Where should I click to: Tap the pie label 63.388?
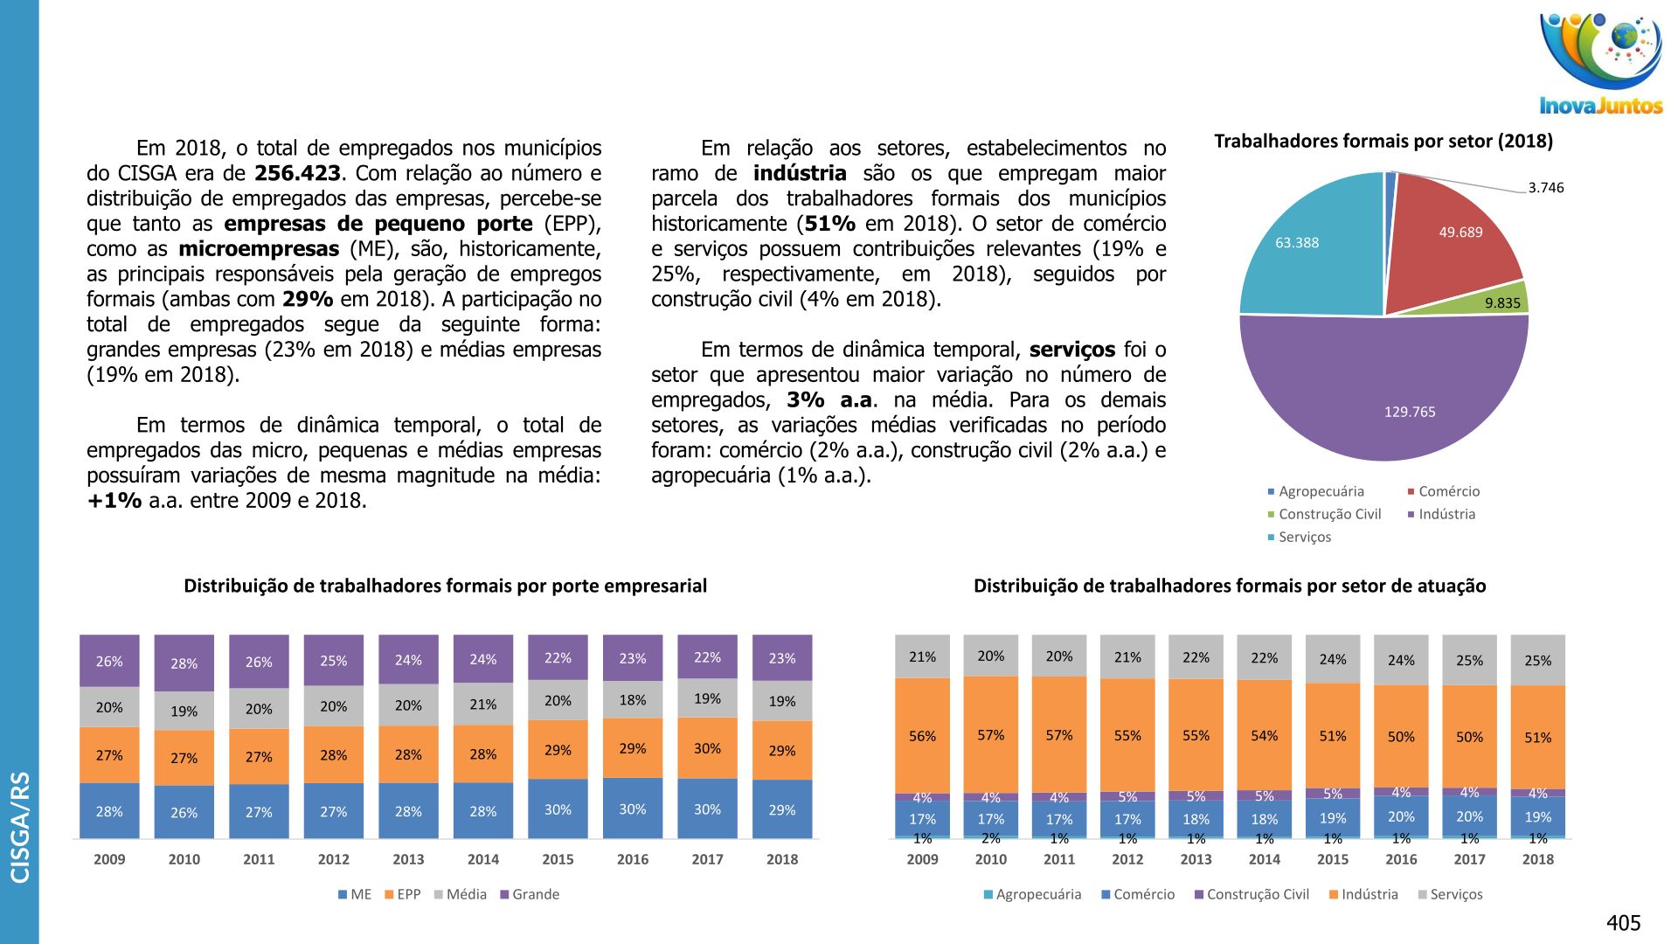pyautogui.click(x=1297, y=243)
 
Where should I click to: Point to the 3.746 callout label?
pyautogui.click(x=1546, y=188)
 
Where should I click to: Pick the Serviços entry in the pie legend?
pyautogui.click(x=1304, y=538)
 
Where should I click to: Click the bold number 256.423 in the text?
pyautogui.click(x=297, y=174)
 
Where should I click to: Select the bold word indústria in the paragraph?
pyautogui.click(x=800, y=174)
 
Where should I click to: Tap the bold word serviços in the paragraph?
pyautogui.click(x=1071, y=351)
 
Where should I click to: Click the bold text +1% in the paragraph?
pyautogui.click(x=114, y=502)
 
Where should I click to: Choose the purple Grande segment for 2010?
pyautogui.click(x=184, y=663)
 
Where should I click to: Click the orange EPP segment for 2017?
pyautogui.click(x=707, y=748)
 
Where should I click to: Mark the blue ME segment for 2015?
pyautogui.click(x=558, y=809)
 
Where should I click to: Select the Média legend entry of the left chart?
pyautogui.click(x=466, y=895)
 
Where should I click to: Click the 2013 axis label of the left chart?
pyautogui.click(x=408, y=860)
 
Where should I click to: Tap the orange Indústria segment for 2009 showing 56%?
pyautogui.click(x=922, y=736)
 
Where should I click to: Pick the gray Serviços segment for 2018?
pyautogui.click(x=1537, y=661)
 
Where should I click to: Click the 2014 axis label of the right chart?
pyautogui.click(x=1264, y=860)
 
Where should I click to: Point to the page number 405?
pyautogui.click(x=1623, y=923)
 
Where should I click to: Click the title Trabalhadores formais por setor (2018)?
pyautogui.click(x=1383, y=142)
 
